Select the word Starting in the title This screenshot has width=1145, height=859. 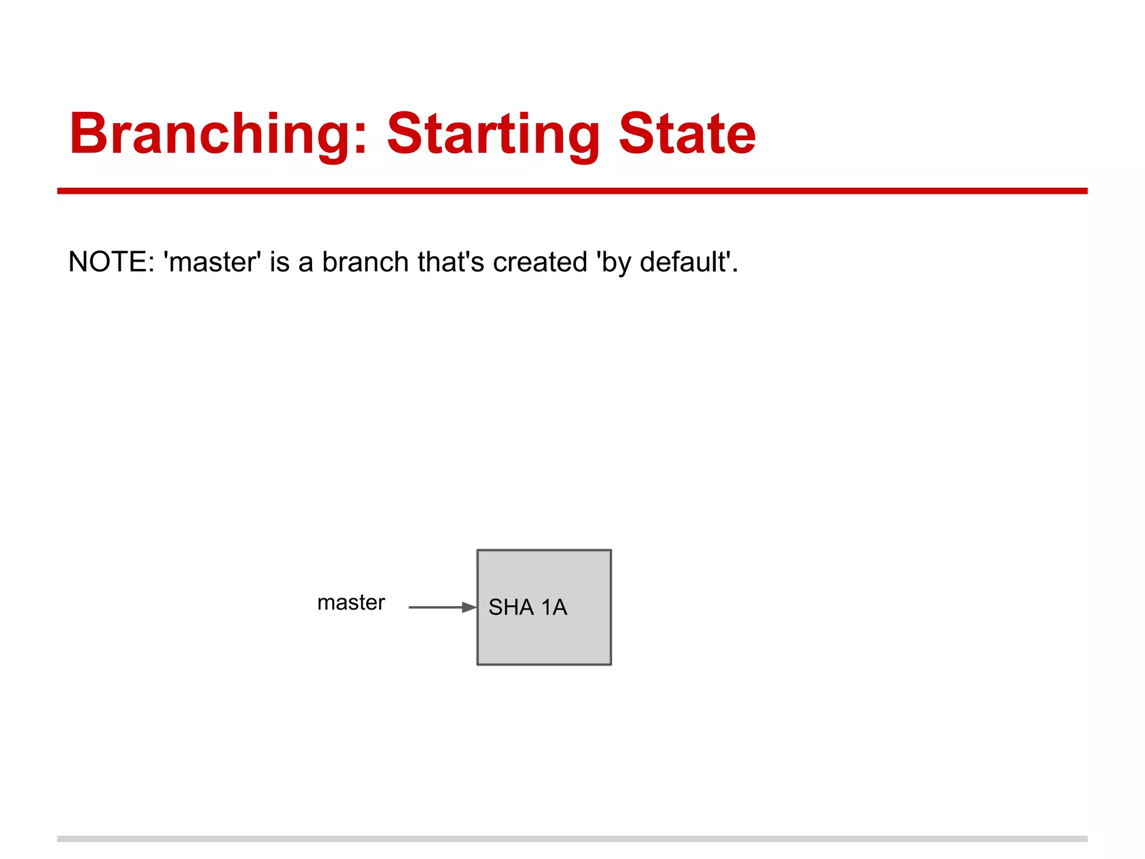tap(493, 134)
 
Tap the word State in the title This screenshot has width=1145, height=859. tap(687, 134)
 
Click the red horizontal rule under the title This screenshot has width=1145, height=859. tap(572, 191)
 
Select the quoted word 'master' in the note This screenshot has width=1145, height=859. tap(212, 262)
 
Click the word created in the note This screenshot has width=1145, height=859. tap(540, 262)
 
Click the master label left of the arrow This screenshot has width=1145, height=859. tap(351, 603)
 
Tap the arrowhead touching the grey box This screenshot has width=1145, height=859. tap(470, 607)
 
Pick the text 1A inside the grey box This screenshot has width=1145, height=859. tap(554, 607)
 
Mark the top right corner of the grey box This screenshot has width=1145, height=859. tap(611, 551)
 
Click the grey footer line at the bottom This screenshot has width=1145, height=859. tap(572, 839)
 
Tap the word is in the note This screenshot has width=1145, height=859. tap(280, 262)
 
